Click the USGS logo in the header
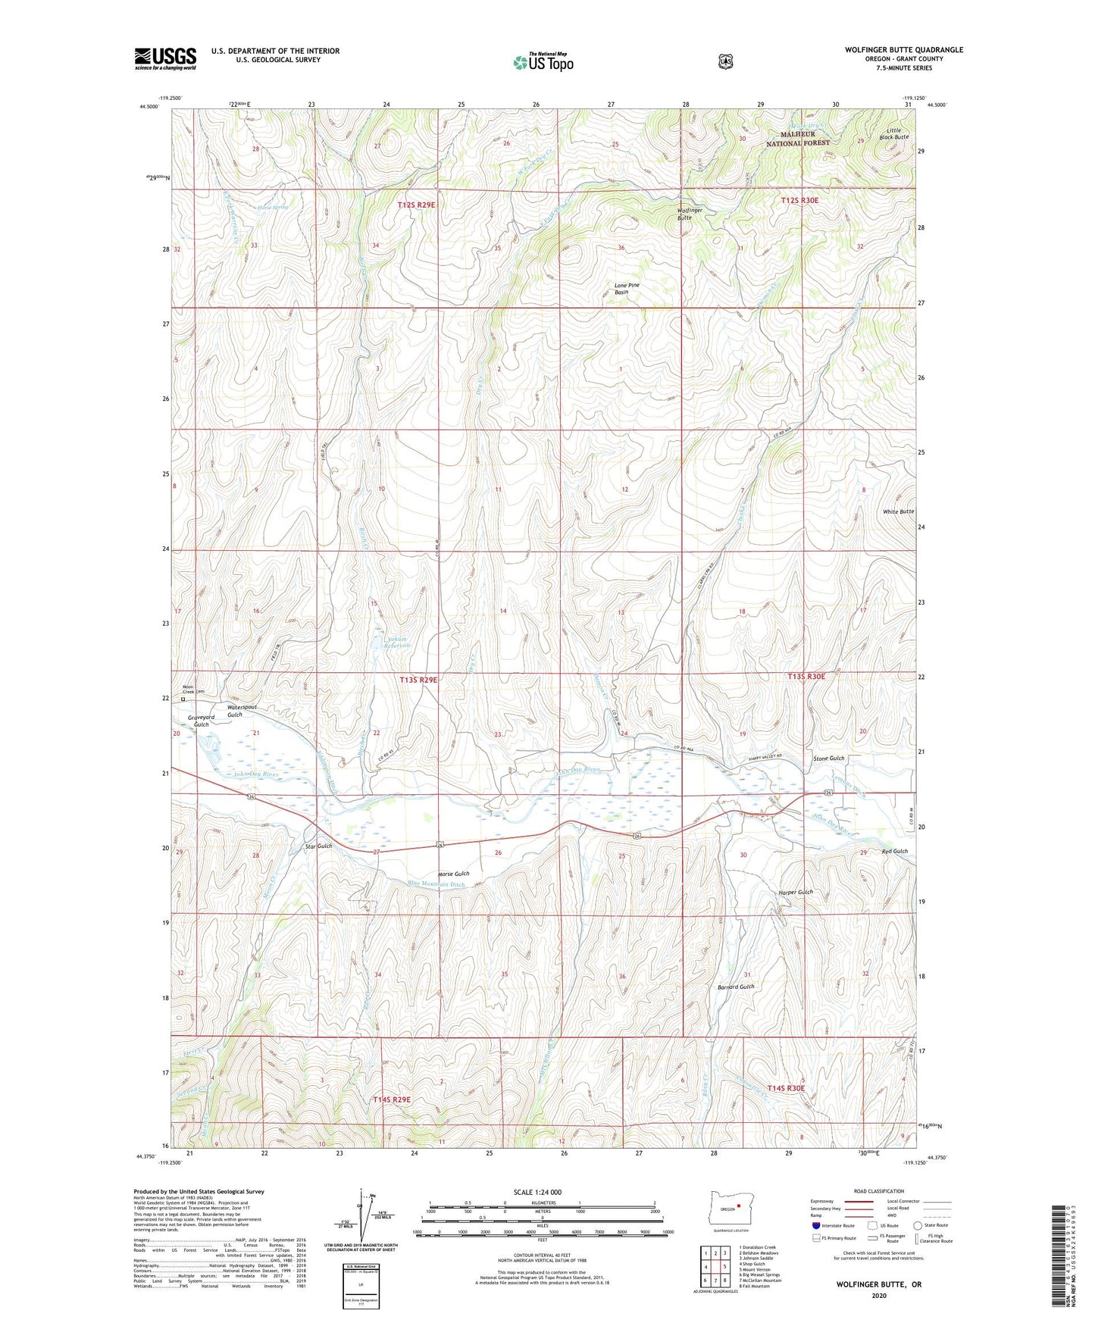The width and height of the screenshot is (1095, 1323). tap(165, 58)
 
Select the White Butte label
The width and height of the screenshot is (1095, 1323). tap(898, 511)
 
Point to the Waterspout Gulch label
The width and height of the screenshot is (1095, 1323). tap(242, 711)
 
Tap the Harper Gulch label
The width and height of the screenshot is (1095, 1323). tap(795, 892)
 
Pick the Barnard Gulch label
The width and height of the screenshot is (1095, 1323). tap(735, 987)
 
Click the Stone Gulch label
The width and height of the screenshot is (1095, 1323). tap(828, 758)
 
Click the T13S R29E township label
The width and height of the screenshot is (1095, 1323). tap(418, 680)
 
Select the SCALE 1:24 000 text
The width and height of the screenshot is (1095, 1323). tap(537, 1192)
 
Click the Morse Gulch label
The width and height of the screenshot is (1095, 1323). tap(453, 874)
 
